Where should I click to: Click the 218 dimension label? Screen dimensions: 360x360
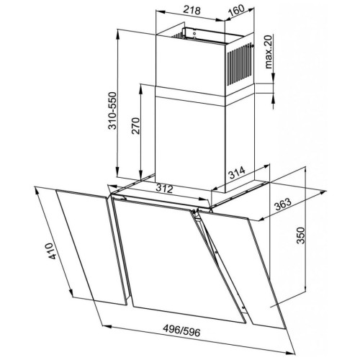pos(192,10)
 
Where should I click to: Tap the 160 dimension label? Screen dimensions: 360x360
pos(236,11)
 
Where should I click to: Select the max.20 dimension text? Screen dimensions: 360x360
pos(269,52)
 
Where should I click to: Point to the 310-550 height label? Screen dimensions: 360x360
pos(112,111)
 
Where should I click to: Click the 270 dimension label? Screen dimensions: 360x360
pos(135,126)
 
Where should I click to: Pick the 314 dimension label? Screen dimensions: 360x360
pos(237,173)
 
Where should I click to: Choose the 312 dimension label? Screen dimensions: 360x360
pos(164,189)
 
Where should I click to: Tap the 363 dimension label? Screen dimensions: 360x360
pos(283,204)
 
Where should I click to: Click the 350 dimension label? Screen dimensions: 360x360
pos(300,235)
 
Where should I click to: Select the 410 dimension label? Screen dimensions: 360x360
pos(53,251)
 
